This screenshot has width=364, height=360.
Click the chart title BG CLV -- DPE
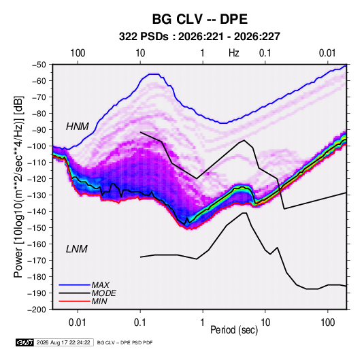coord(199,19)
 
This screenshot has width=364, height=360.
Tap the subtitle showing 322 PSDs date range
coord(199,37)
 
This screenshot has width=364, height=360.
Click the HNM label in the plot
coord(78,127)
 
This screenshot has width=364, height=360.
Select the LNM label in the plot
coord(77,249)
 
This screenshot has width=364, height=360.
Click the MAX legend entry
coord(100,284)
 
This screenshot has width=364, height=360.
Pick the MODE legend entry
coord(103,293)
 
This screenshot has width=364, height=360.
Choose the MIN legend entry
coord(99,301)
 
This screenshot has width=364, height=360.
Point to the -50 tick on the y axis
coord(39,65)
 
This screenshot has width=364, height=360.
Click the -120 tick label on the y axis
coord(37,178)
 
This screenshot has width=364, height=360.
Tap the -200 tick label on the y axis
coord(37,310)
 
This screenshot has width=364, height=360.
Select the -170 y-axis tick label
coord(37,261)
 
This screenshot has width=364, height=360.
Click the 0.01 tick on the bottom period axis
coord(78,323)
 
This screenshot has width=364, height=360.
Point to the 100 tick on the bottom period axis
coord(327,323)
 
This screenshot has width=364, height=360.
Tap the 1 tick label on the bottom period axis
coord(203,323)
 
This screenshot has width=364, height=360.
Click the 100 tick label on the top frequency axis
coord(78,53)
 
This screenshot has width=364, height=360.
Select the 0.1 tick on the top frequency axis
coord(265,53)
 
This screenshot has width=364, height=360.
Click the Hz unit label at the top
coord(234,53)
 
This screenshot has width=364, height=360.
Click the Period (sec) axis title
coord(234,330)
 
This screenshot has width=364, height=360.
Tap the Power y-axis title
coord(18,186)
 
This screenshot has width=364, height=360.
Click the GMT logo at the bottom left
coord(25,342)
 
